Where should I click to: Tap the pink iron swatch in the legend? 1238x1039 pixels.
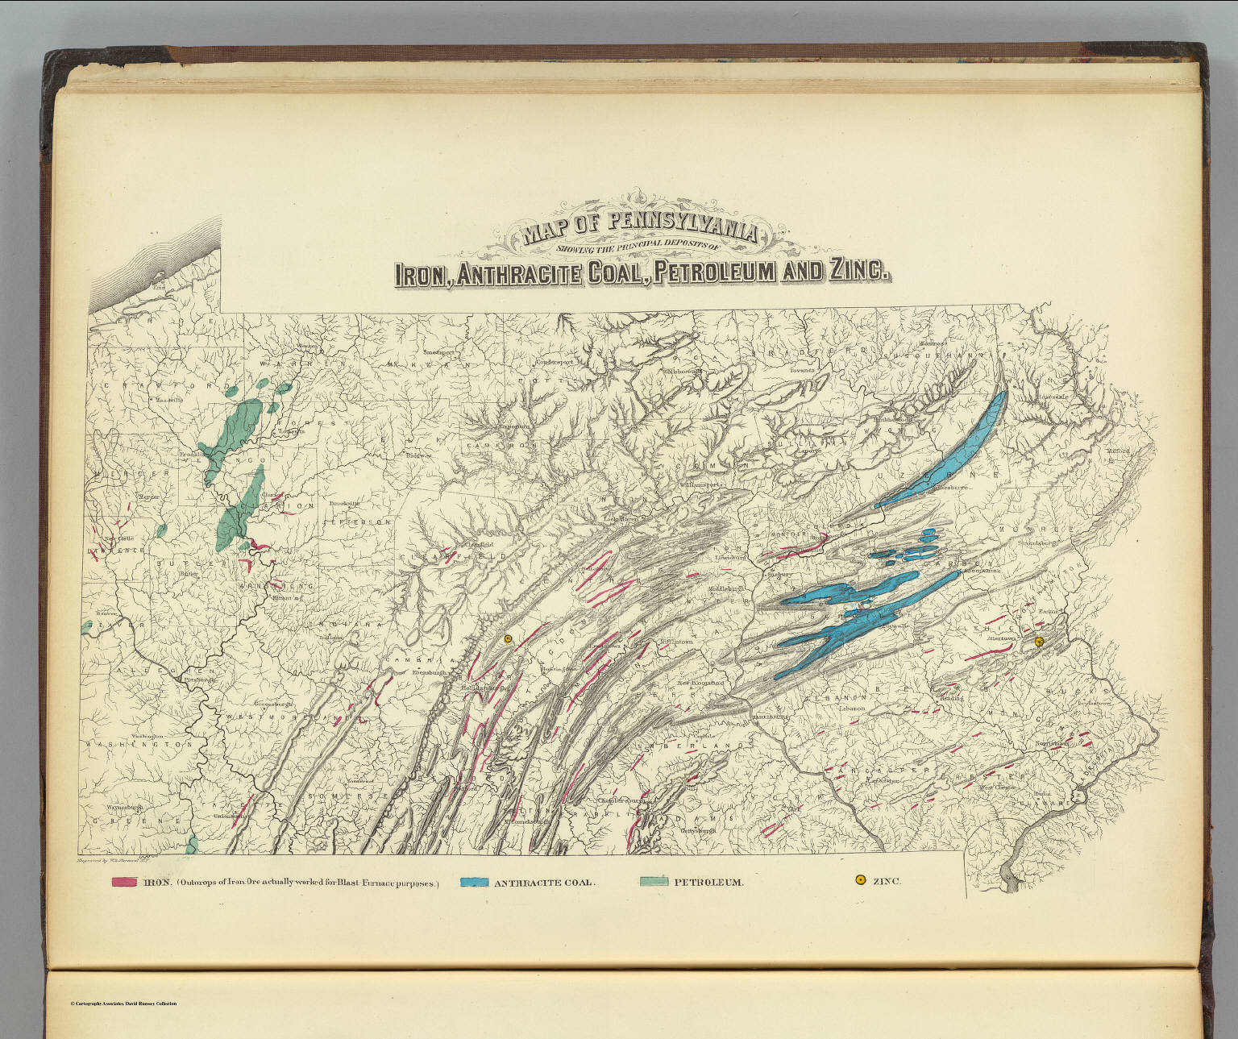click(124, 882)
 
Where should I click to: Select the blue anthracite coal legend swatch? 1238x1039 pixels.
click(474, 882)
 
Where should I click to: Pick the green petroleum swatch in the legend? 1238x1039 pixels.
click(654, 881)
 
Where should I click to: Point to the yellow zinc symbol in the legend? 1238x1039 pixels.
click(861, 880)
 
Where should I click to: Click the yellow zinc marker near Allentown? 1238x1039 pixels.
click(1039, 642)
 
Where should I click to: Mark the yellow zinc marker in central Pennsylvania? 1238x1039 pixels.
click(508, 639)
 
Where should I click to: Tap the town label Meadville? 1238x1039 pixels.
click(170, 399)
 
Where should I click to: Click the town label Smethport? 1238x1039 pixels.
click(439, 352)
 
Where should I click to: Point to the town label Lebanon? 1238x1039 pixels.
click(851, 708)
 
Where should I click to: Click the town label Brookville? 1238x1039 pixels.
click(344, 503)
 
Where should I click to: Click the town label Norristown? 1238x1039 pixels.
click(1053, 743)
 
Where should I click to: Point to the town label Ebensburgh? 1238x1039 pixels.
click(430, 672)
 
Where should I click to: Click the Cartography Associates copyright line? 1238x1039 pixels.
click(123, 1004)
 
